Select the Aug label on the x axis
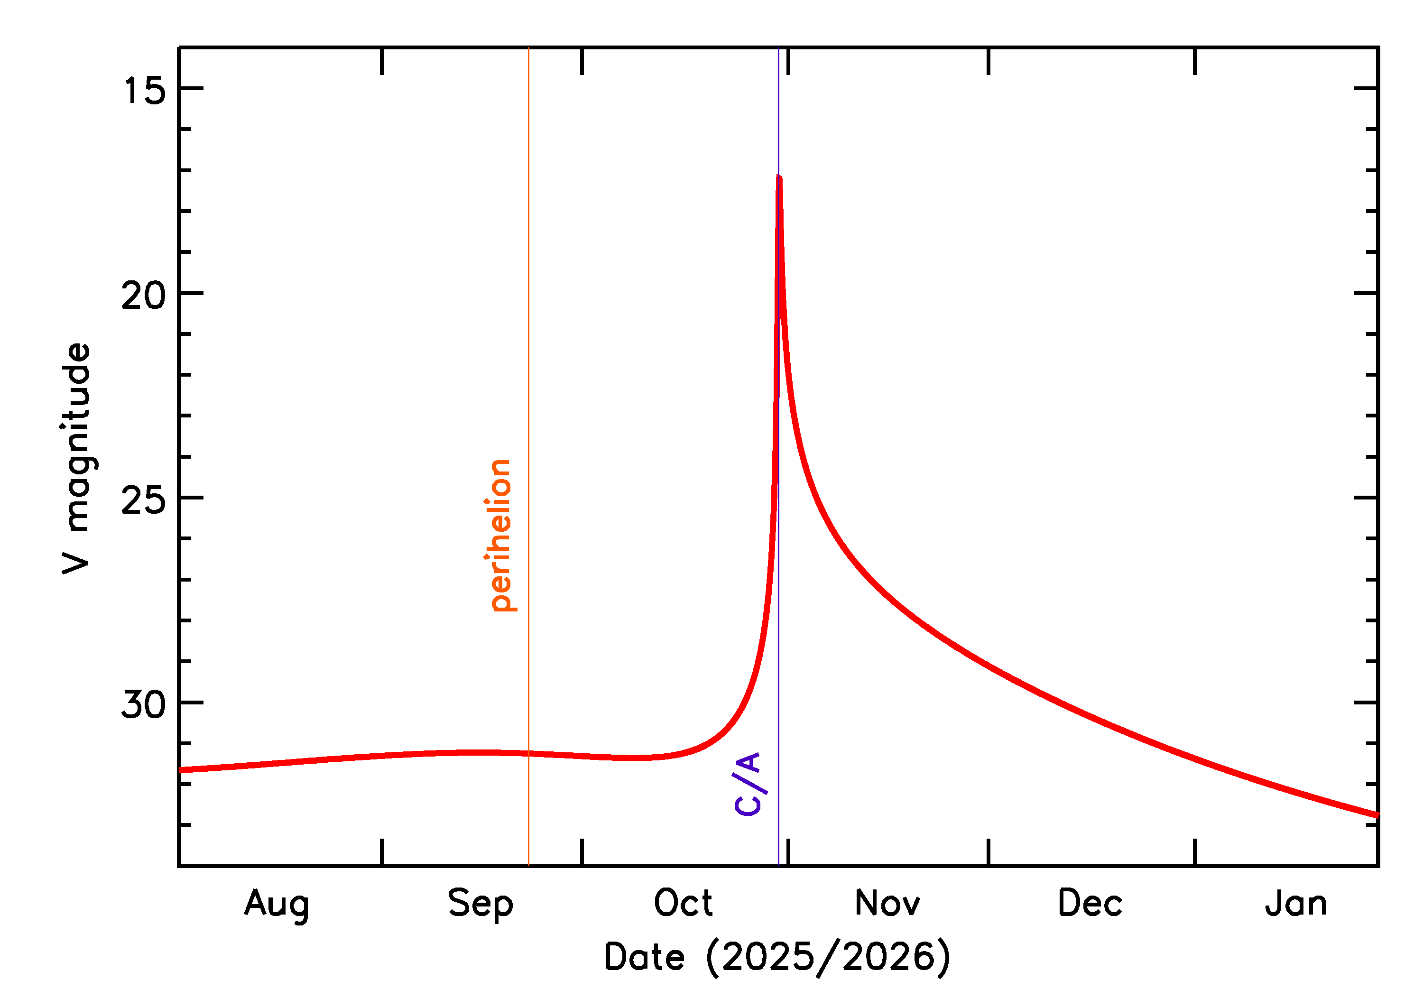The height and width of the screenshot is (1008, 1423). [x=277, y=904]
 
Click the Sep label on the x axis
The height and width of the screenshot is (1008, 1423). [x=480, y=904]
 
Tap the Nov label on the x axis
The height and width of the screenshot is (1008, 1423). [x=887, y=904]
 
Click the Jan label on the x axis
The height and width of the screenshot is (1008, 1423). [x=1296, y=904]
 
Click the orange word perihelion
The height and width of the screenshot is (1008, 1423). [x=500, y=536]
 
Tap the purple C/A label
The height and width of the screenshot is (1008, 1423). [x=747, y=784]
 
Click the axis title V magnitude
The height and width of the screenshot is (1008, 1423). [x=77, y=459]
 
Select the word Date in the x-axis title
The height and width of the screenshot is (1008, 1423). [x=644, y=957]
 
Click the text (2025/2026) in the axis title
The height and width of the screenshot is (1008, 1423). [x=828, y=957]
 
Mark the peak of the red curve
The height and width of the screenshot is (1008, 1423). [x=779, y=178]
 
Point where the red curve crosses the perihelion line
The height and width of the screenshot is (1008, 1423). [x=529, y=754]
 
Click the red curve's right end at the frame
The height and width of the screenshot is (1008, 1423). [x=1377, y=815]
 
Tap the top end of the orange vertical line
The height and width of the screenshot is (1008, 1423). [x=529, y=48]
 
